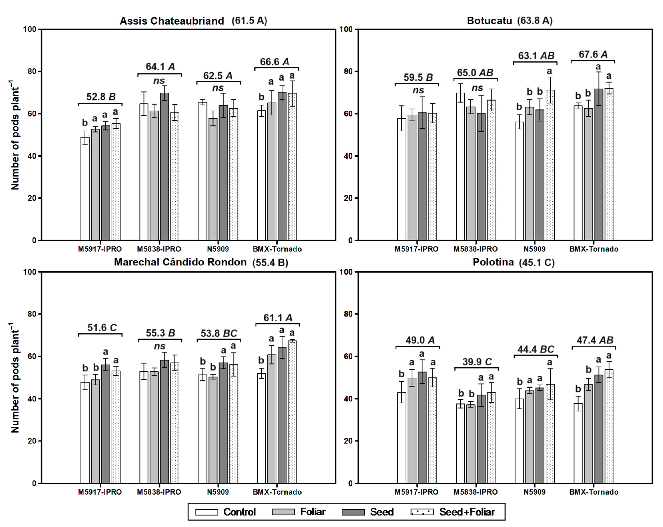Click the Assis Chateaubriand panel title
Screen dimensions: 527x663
(193, 21)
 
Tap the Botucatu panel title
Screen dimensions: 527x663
(509, 21)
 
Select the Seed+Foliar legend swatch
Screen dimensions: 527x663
(422, 512)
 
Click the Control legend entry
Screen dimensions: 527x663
(226, 512)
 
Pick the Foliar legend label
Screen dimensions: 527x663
(313, 512)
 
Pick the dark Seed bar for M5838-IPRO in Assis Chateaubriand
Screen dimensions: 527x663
(165, 166)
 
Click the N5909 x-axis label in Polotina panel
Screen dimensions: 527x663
(534, 492)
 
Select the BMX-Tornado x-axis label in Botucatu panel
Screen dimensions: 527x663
(593, 249)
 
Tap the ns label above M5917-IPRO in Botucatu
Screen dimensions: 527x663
(418, 90)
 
